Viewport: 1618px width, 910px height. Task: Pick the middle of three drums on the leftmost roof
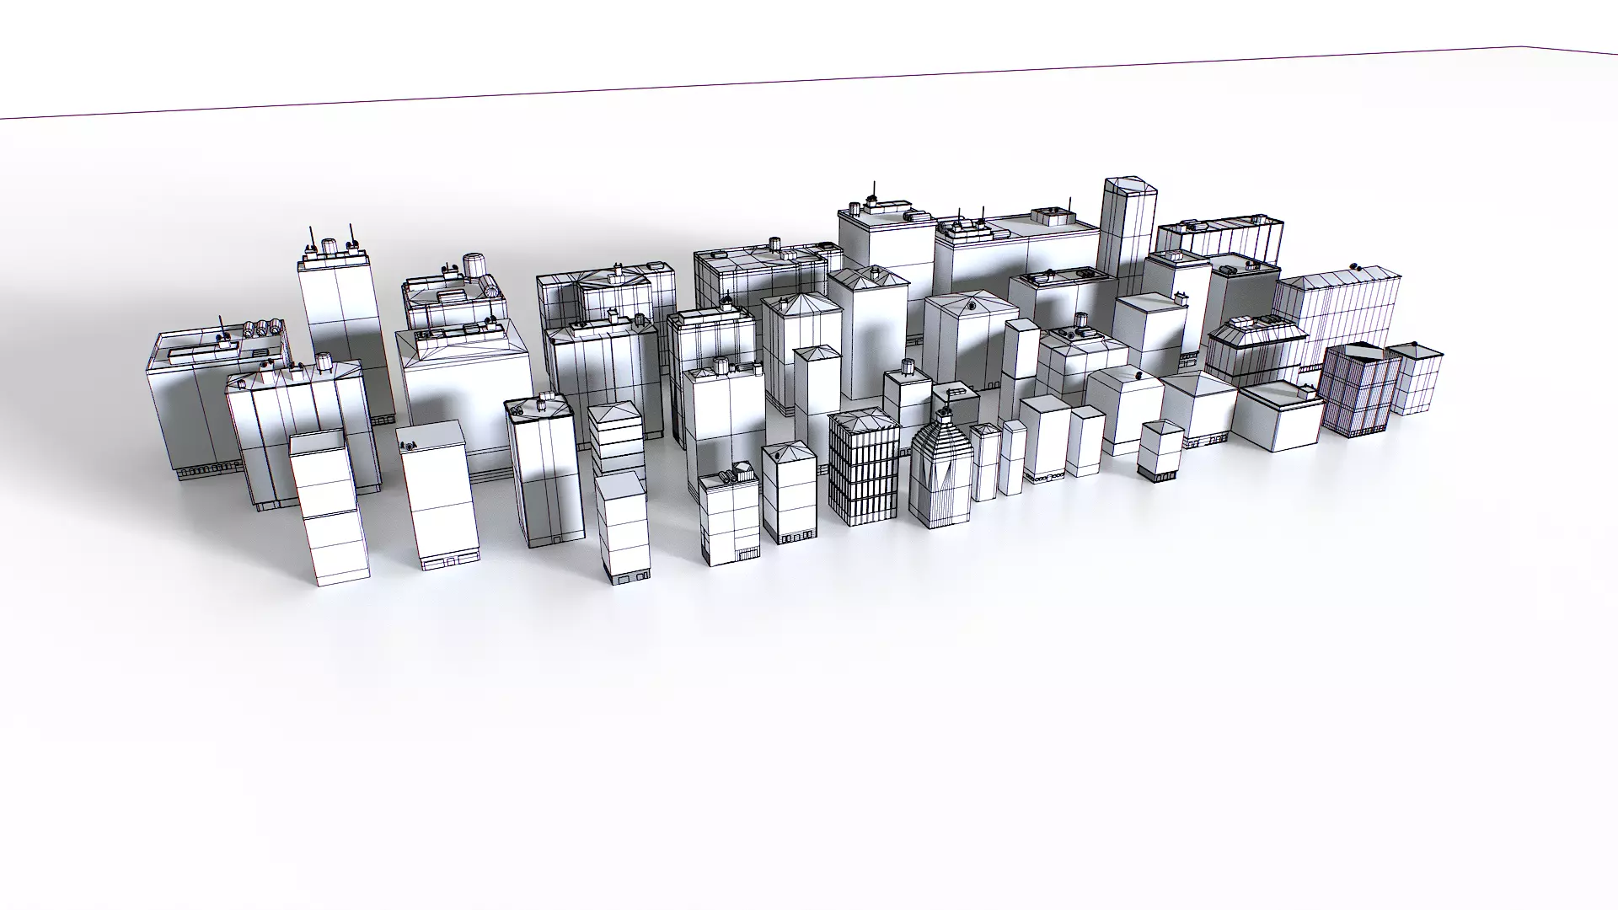coord(262,327)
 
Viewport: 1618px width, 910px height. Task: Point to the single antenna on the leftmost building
coord(222,327)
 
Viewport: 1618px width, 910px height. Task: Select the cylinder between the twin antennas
coord(329,245)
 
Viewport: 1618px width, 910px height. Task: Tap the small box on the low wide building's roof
coord(1308,390)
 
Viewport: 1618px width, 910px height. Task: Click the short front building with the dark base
coord(1160,451)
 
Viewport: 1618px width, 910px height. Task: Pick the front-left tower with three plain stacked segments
coord(329,506)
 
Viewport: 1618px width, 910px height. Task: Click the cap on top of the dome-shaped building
coord(946,414)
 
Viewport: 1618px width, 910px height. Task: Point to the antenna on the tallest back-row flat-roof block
coord(872,190)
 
